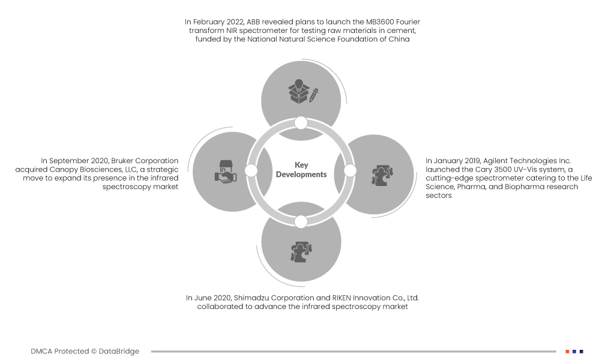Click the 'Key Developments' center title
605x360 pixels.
(301, 170)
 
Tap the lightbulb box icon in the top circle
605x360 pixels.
(298, 91)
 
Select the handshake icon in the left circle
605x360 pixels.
(226, 172)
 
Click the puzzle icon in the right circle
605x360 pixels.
(382, 176)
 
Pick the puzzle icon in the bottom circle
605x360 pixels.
(301, 252)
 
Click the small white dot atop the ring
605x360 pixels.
(301, 123)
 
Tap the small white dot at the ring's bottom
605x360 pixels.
(301, 222)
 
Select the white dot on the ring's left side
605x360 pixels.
(251, 170)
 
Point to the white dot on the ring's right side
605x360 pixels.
(350, 170)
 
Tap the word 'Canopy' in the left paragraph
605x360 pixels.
(63, 170)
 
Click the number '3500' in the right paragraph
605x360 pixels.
(503, 170)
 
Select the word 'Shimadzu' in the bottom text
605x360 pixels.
(251, 298)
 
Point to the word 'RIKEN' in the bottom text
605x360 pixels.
(342, 298)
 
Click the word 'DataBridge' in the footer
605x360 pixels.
(119, 351)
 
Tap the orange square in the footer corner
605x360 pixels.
(568, 352)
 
